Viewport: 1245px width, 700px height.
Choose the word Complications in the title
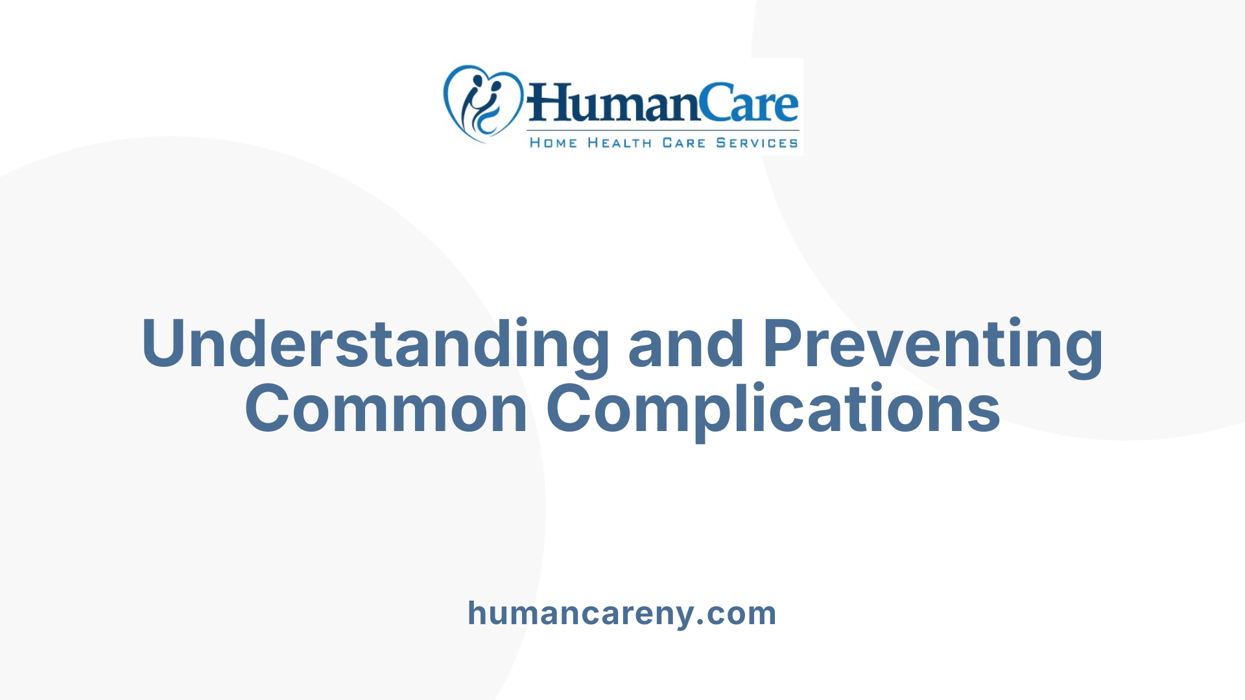coord(773,409)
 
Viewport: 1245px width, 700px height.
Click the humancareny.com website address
coord(622,613)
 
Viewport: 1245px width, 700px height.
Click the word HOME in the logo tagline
coord(552,143)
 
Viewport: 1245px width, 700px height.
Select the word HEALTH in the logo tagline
coord(619,143)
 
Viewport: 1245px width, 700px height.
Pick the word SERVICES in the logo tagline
coord(756,143)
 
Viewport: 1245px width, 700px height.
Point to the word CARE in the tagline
coord(683,143)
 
